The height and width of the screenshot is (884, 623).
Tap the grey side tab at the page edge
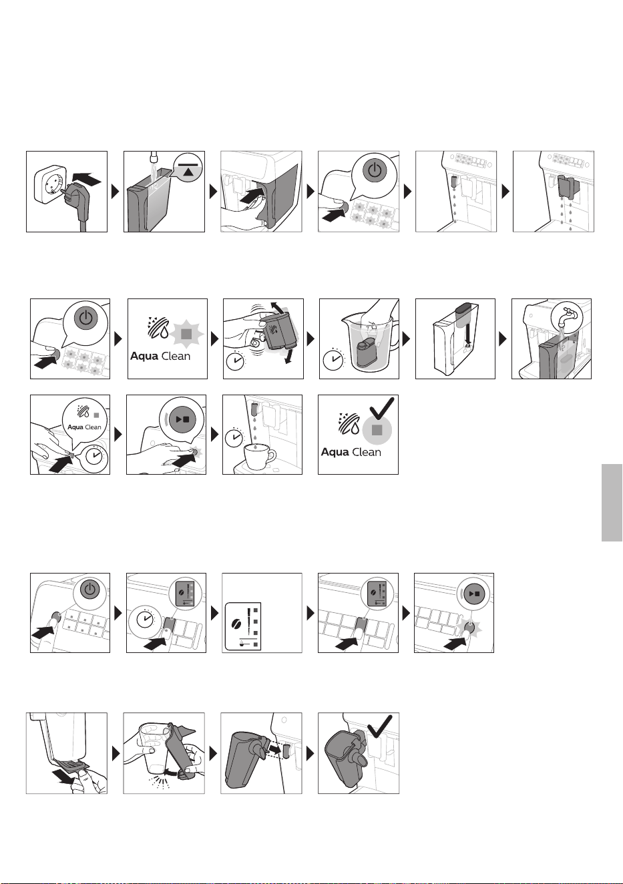[612, 503]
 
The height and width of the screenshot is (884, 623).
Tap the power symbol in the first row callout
[375, 170]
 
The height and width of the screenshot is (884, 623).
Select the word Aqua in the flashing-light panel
[144, 357]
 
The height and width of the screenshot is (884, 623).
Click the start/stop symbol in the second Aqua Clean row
[182, 419]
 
